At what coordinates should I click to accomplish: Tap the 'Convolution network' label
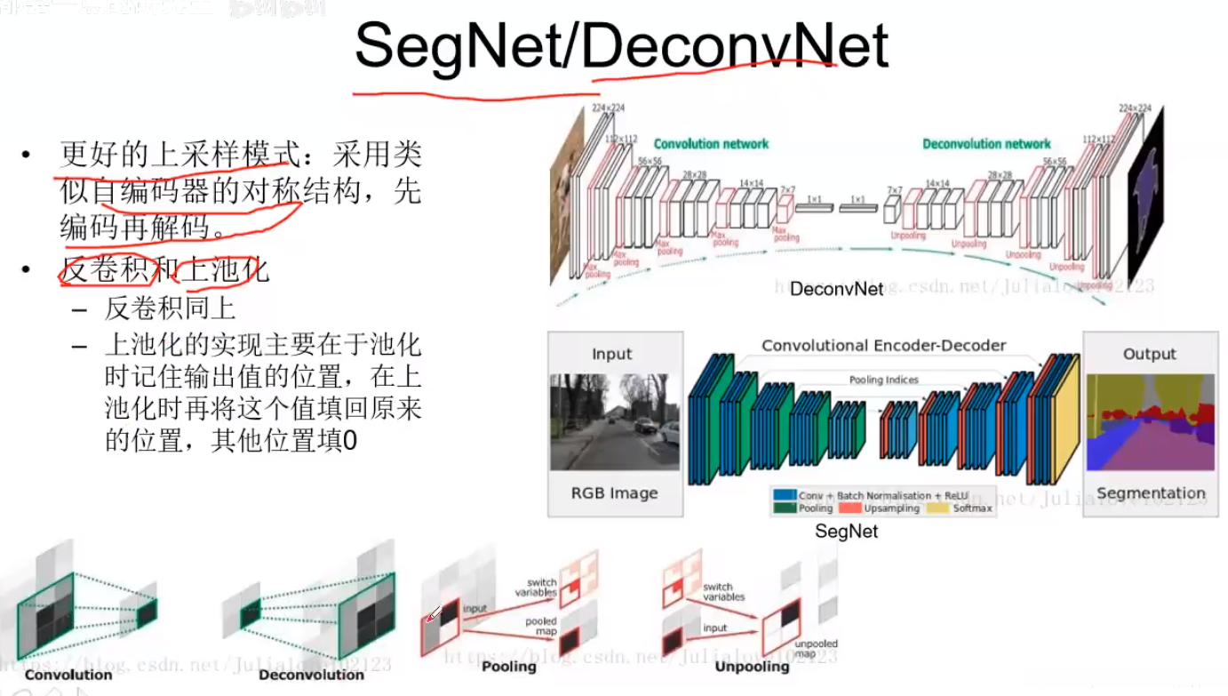[711, 143]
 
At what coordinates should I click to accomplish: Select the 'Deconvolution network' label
[986, 143]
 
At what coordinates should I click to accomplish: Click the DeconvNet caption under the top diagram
[836, 289]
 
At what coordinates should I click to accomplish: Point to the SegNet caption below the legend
[846, 532]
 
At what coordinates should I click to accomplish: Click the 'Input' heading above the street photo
[612, 354]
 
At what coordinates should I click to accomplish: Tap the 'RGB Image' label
[614, 493]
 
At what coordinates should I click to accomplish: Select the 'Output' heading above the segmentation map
[1149, 354]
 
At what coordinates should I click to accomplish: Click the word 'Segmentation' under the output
[1151, 493]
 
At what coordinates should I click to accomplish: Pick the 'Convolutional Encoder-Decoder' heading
[883, 345]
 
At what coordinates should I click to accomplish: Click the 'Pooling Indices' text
[884, 380]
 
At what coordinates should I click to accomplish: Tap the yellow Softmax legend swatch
[938, 508]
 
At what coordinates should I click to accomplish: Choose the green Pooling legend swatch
[784, 508]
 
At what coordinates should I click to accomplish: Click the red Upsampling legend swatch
[850, 508]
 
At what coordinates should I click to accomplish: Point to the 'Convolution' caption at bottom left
[68, 675]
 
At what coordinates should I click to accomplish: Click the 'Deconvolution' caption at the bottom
[311, 675]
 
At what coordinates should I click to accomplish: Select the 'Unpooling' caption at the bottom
[752, 666]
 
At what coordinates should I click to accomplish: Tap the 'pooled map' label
[540, 627]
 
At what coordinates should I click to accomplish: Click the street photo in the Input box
[614, 422]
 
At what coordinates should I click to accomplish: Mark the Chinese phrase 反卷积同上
[170, 309]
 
